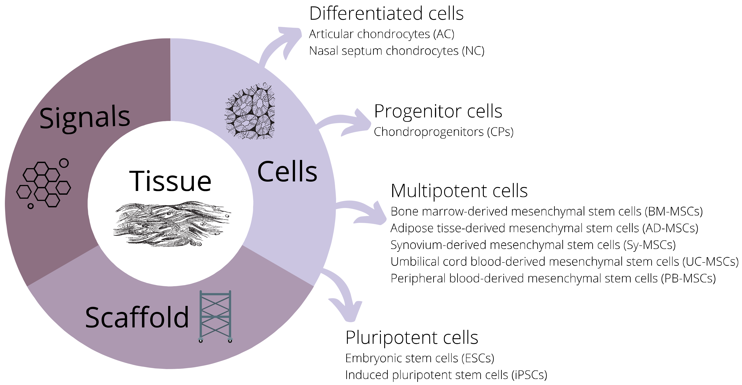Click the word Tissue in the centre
pos(170,181)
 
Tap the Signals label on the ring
pos(85,118)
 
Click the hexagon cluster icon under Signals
pos(43,184)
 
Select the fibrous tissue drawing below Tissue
pos(172,224)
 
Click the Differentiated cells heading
pos(386,14)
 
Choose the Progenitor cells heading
pos(438,111)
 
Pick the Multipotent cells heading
pos(459,191)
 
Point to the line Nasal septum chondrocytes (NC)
pos(396,51)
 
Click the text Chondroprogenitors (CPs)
pos(443,132)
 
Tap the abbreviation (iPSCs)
pos(529,375)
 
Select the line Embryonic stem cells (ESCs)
pos(419,358)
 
